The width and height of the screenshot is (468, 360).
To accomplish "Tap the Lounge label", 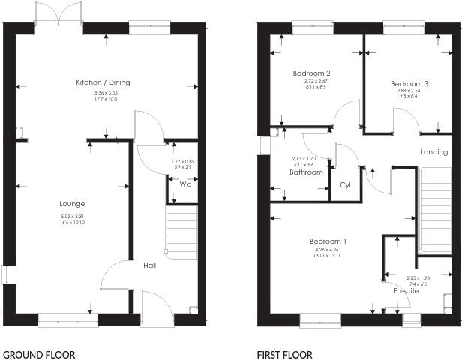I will tap(72, 203).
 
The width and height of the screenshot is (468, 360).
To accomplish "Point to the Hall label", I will tap(150, 265).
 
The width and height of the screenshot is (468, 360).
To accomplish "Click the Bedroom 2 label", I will tap(312, 73).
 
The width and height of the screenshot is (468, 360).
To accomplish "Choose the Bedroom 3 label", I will tap(409, 83).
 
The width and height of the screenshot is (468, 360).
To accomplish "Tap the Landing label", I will tap(433, 152).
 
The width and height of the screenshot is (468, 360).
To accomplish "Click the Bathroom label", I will tap(306, 172).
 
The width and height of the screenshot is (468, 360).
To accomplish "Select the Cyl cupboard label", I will tap(346, 184).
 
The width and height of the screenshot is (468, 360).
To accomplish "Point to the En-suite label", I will tap(406, 290).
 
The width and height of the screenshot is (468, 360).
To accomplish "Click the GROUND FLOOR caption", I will tap(39, 355).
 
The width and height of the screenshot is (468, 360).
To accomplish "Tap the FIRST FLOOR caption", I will tap(285, 355).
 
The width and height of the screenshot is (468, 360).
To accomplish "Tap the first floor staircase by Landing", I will tap(435, 210).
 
